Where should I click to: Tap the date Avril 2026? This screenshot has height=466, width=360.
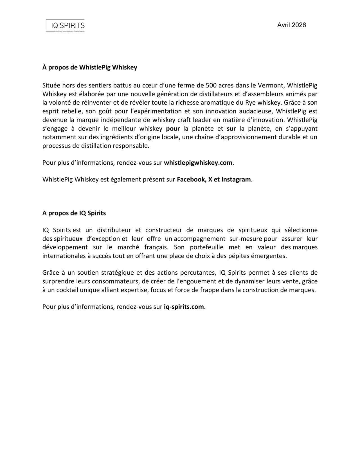[x=291, y=25]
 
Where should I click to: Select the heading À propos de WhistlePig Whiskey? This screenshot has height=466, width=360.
[x=90, y=68]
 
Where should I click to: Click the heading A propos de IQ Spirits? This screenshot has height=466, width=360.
[x=74, y=213]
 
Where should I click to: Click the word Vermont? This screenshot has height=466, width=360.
[x=270, y=85]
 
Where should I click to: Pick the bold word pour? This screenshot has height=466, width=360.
[x=173, y=129]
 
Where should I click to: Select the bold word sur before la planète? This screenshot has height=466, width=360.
[x=231, y=129]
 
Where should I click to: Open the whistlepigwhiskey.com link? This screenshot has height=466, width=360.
[x=198, y=163]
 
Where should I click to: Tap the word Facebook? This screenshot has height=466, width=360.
[x=191, y=180]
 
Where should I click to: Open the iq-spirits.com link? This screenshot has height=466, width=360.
[x=184, y=307]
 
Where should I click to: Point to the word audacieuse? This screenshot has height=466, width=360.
[x=256, y=111]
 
